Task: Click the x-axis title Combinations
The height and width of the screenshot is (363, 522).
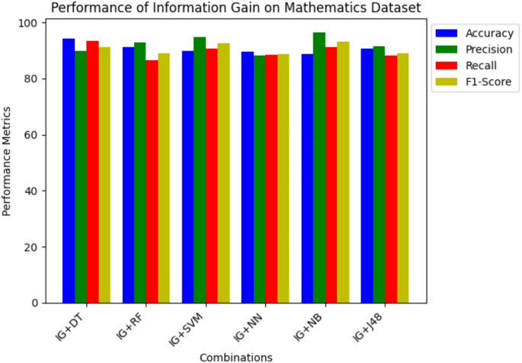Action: tap(235, 356)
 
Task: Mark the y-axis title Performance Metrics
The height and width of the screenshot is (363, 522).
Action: tap(8, 162)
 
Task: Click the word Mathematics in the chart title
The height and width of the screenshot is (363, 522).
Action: tap(312, 8)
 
